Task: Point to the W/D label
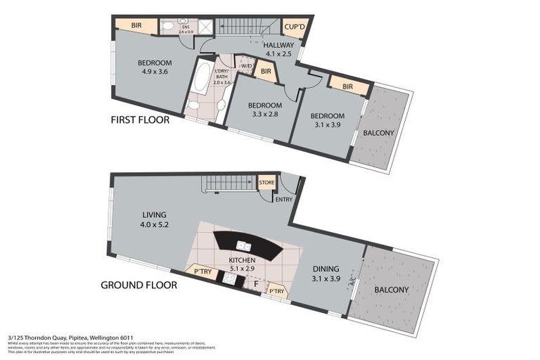[246, 67]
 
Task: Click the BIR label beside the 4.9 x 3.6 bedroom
[136, 25]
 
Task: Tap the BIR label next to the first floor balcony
[347, 86]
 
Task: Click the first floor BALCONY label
[378, 133]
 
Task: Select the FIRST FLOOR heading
[140, 120]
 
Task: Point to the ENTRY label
[284, 199]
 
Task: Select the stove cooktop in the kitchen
[230, 278]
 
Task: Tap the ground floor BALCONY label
[391, 289]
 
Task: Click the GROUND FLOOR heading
[139, 285]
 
